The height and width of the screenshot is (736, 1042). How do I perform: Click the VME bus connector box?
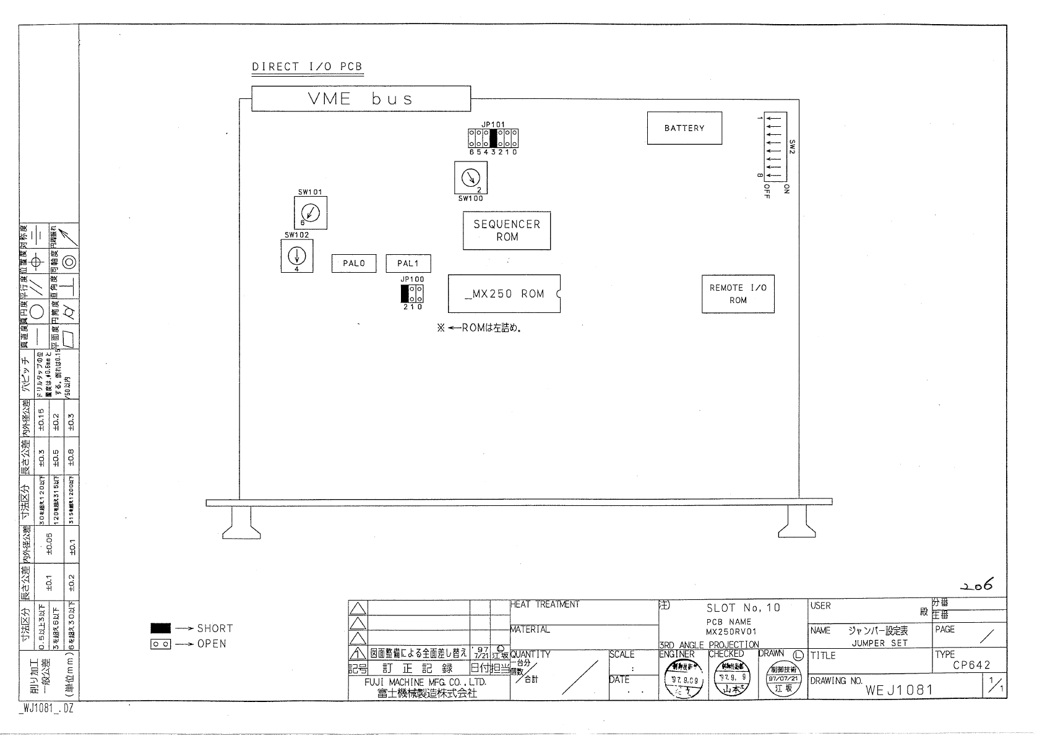point(361,99)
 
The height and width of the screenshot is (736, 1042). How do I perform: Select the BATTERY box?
point(684,128)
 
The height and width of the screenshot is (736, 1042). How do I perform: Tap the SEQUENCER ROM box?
point(507,231)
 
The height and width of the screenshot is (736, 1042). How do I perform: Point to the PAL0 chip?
point(354,263)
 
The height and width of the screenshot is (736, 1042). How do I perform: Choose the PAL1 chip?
point(408,263)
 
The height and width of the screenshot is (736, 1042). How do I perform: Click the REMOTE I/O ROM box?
point(738,294)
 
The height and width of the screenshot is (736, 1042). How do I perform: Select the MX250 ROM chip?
point(504,294)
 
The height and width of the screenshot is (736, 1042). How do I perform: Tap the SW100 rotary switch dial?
point(471,178)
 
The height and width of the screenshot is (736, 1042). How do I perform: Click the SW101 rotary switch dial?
point(310,213)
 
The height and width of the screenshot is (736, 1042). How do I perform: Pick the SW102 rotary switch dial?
point(296,255)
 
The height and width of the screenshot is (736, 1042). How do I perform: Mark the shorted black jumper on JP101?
point(493,138)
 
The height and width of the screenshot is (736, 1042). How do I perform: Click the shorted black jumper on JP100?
point(405,294)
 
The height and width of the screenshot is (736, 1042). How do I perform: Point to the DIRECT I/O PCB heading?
point(307,67)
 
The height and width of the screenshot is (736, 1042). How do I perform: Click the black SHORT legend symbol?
point(160,628)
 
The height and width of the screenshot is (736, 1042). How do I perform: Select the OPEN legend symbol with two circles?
point(160,644)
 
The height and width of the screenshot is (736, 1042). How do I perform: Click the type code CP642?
point(971,665)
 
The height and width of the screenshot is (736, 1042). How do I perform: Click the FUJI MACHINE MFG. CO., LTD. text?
point(425,682)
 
